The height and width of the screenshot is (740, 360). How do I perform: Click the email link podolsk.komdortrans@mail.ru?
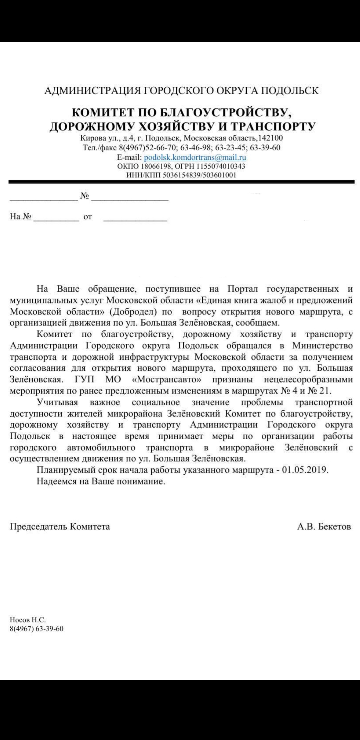(x=195, y=157)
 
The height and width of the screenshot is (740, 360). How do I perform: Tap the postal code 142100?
(x=270, y=138)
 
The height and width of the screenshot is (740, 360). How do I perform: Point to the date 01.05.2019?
(x=305, y=470)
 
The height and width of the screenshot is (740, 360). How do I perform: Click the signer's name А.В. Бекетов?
(x=324, y=527)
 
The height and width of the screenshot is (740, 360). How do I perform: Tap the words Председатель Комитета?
(x=60, y=527)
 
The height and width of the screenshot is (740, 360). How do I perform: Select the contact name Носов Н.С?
(x=28, y=620)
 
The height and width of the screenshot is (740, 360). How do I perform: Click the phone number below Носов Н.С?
(x=37, y=629)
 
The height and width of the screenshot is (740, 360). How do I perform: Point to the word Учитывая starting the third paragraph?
(x=57, y=402)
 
